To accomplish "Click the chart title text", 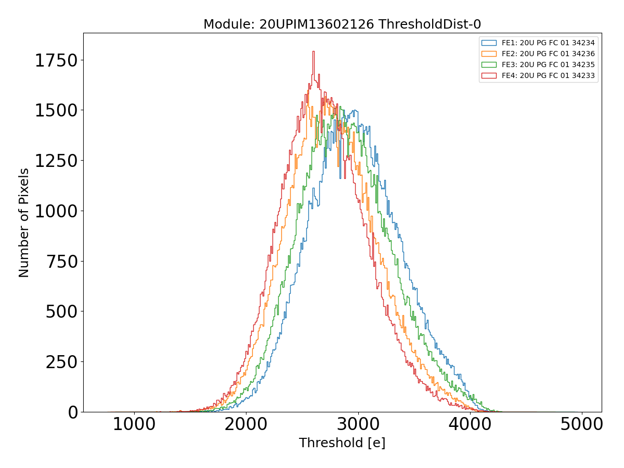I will coord(342,24).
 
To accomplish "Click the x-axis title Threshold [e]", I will coord(342,443).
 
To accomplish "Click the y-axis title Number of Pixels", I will coord(24,223).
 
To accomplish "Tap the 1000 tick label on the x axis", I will coord(134,424).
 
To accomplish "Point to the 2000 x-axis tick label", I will coord(246,424).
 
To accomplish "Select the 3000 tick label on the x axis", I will coord(358,424).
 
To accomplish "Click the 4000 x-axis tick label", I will coord(470,424).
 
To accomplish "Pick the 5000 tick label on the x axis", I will coord(581,424).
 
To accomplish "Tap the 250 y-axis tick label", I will coord(62,362).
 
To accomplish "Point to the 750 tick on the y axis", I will coord(62,261).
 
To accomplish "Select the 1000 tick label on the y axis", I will coord(57,211).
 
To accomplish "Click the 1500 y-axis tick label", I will coord(57,110).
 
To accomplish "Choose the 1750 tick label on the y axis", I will coord(57,60).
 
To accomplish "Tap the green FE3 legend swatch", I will coord(489,64).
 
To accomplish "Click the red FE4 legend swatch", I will coord(489,75).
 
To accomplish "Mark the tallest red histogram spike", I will coord(313,52).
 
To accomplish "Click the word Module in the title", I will coord(221,24).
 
